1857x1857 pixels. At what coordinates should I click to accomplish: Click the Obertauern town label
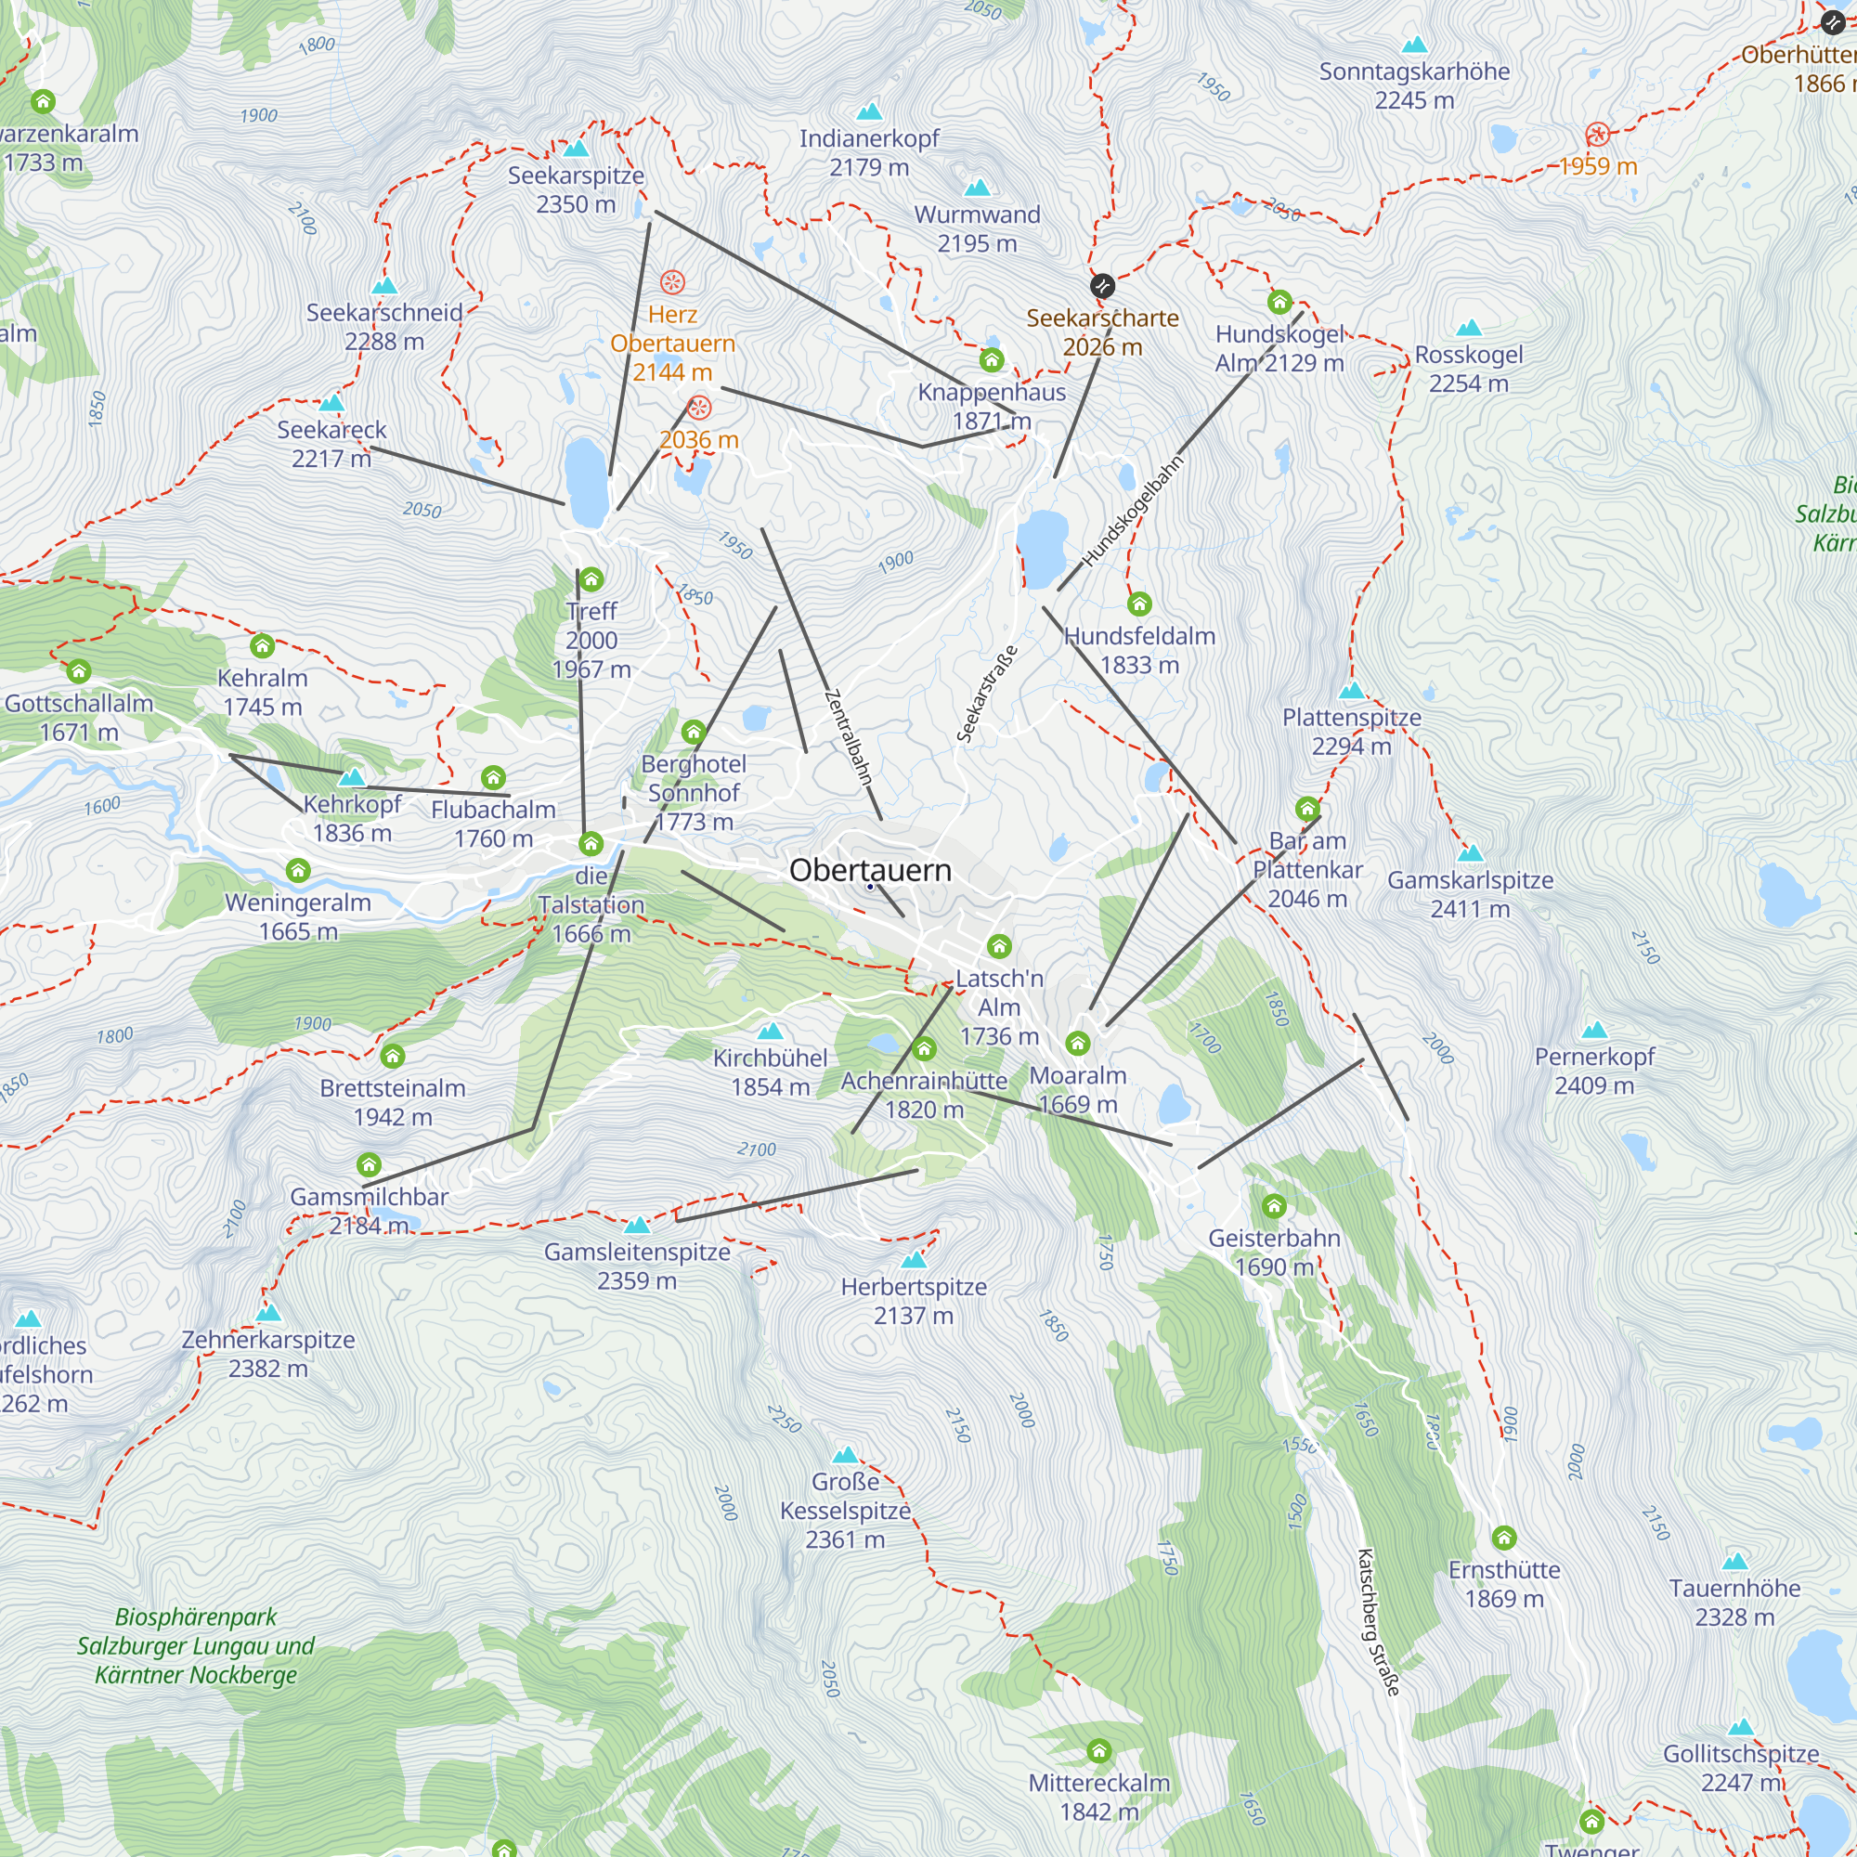pos(870,870)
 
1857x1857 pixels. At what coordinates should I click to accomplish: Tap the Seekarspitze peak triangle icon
pos(576,148)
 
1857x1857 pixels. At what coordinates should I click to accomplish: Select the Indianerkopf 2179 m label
pos(869,153)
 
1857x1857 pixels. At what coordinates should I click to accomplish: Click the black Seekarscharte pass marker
pos(1101,285)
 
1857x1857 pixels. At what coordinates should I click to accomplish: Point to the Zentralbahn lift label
pos(848,737)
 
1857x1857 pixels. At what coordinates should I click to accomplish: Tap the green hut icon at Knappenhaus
pos(991,360)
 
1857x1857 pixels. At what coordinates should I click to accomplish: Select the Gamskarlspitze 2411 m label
pos(1470,894)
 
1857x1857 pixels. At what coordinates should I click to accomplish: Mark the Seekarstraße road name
pos(986,694)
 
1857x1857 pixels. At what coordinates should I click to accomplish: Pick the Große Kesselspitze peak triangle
pos(845,1455)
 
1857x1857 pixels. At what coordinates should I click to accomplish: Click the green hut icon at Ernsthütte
pos(1503,1538)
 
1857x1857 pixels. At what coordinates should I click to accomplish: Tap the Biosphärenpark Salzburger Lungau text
pos(196,1645)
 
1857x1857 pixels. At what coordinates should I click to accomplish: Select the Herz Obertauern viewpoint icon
pos(672,282)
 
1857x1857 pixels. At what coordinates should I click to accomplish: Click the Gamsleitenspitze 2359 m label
pos(637,1266)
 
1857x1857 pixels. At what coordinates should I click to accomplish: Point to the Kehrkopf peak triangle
pos(352,776)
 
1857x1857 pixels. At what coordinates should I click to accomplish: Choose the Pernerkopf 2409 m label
pos(1593,1071)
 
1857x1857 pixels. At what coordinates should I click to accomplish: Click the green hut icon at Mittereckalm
pos(1098,1751)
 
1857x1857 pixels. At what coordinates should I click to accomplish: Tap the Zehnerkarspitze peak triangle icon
pos(268,1313)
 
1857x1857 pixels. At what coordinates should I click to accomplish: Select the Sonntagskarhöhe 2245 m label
pos(1414,85)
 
